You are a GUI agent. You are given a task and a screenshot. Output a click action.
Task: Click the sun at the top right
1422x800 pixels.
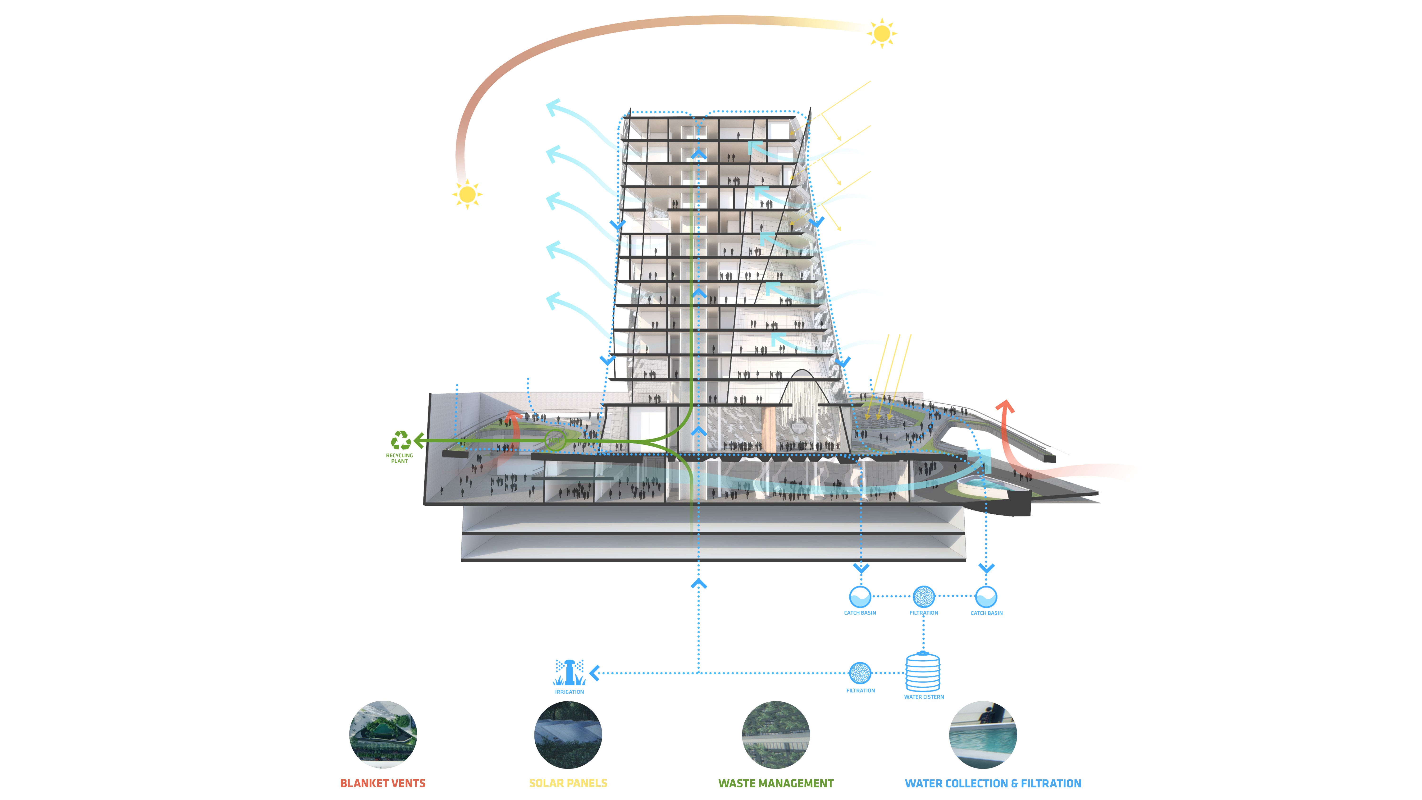(x=882, y=34)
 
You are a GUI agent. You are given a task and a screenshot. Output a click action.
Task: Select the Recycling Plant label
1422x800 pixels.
(x=399, y=458)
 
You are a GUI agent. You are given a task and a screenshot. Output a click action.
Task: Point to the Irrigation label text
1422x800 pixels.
(x=569, y=692)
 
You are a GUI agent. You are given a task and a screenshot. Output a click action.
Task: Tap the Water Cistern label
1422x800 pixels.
(x=924, y=697)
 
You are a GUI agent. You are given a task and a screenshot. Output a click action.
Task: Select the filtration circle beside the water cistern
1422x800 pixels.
(x=860, y=673)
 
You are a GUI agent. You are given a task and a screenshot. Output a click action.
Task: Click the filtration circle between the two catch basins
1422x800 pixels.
(x=924, y=596)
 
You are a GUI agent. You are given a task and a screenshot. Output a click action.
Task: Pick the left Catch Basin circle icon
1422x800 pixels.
(x=860, y=596)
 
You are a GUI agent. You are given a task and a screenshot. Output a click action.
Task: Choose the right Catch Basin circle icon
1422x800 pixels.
(x=986, y=596)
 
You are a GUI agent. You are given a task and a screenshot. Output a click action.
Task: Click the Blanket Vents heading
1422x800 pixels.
(x=383, y=783)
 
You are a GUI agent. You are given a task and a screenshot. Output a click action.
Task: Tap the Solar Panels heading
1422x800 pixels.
(x=568, y=783)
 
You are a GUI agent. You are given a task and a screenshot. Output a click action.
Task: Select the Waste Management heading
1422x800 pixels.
(x=776, y=783)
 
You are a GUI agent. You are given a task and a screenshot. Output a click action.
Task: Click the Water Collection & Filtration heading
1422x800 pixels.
(x=993, y=783)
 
